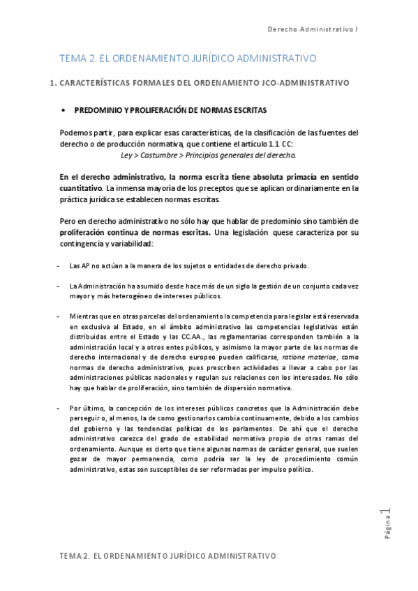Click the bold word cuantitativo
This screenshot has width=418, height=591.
pos(81,189)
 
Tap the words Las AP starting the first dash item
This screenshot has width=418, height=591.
pos(78,266)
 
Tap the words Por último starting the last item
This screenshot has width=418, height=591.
pos(84,408)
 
